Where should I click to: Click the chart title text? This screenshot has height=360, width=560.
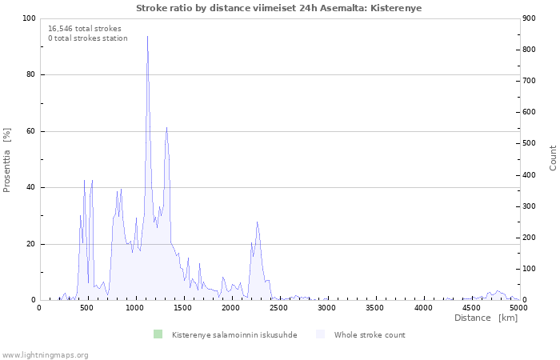click(x=278, y=8)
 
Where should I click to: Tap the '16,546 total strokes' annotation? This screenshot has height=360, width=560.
click(x=85, y=29)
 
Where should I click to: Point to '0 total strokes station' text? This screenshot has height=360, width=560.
click(x=88, y=38)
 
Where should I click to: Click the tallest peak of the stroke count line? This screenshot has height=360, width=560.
click(x=147, y=36)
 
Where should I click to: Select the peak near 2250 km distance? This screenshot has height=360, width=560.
click(x=257, y=222)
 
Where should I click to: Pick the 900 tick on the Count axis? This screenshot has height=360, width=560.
click(x=529, y=18)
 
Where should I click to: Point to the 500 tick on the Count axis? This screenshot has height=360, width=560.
click(x=529, y=143)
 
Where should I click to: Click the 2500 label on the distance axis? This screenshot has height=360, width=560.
click(x=278, y=307)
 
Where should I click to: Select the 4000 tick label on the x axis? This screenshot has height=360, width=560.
click(x=423, y=307)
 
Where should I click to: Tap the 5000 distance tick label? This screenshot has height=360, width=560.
click(x=519, y=307)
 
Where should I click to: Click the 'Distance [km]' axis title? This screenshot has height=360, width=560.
click(x=486, y=318)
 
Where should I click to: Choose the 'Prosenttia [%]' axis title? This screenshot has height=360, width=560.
click(x=6, y=160)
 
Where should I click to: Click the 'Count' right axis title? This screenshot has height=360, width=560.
click(x=553, y=158)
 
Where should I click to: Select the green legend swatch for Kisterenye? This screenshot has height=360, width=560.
click(x=158, y=334)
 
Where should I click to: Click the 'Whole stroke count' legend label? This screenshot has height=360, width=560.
click(x=370, y=335)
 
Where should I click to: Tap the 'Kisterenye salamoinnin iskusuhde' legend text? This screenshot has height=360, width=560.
click(x=234, y=335)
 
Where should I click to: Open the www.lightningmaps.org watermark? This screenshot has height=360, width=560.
click(x=45, y=355)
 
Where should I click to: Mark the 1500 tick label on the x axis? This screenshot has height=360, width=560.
click(x=183, y=307)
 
